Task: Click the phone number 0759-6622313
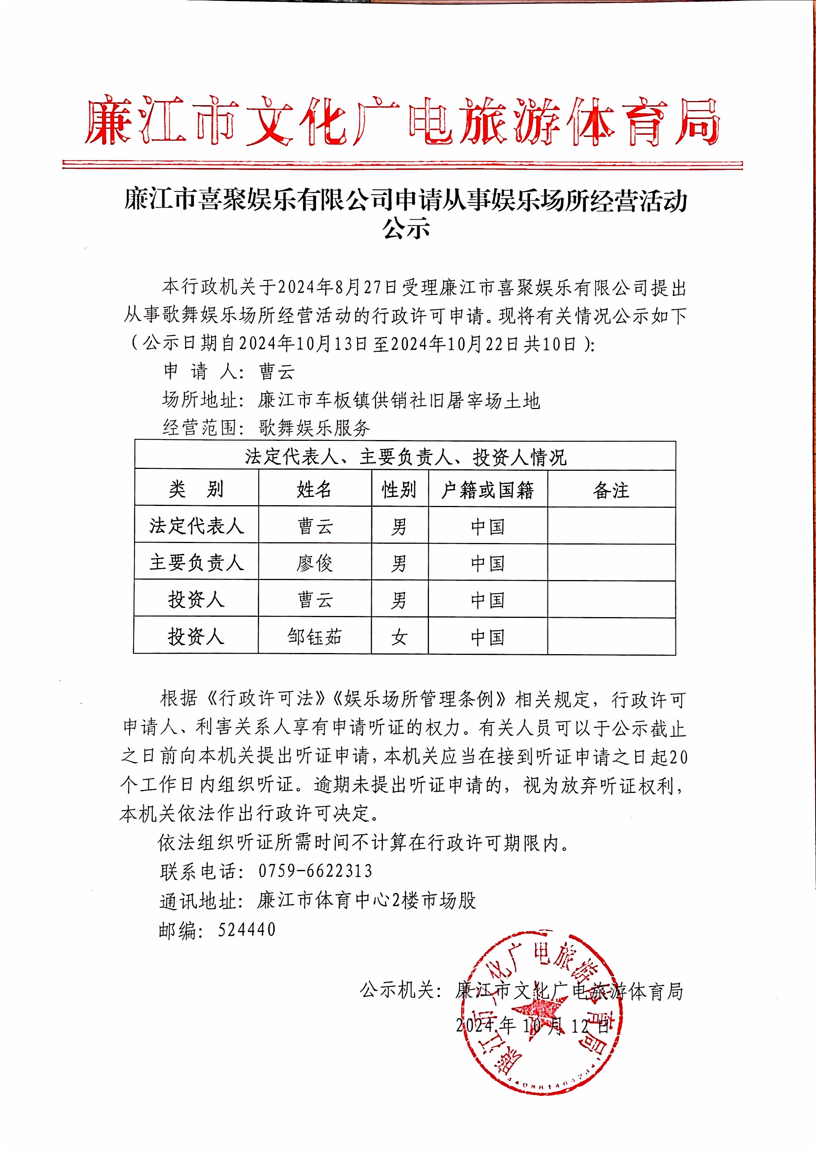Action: tap(315, 871)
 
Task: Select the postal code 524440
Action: tap(247, 930)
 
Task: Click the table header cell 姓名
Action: tap(314, 489)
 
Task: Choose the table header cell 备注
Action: tap(611, 490)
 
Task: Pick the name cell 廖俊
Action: tap(314, 563)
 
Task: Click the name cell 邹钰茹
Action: tap(314, 637)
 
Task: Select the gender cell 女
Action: tap(399, 637)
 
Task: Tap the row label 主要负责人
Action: tap(197, 562)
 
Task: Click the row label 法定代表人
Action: tap(197, 525)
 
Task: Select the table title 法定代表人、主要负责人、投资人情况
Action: tap(405, 457)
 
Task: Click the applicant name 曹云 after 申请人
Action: tap(276, 372)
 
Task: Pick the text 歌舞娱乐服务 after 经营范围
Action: tap(314, 427)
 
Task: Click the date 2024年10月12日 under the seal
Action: tap(533, 1025)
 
